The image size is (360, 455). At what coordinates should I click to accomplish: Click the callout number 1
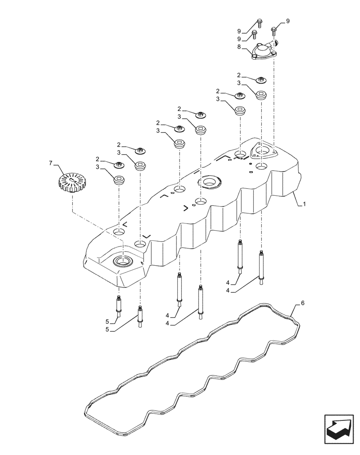(x=305, y=205)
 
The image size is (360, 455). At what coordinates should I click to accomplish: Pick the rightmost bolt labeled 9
(x=275, y=31)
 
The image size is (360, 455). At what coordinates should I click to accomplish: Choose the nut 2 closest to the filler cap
(x=119, y=164)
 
